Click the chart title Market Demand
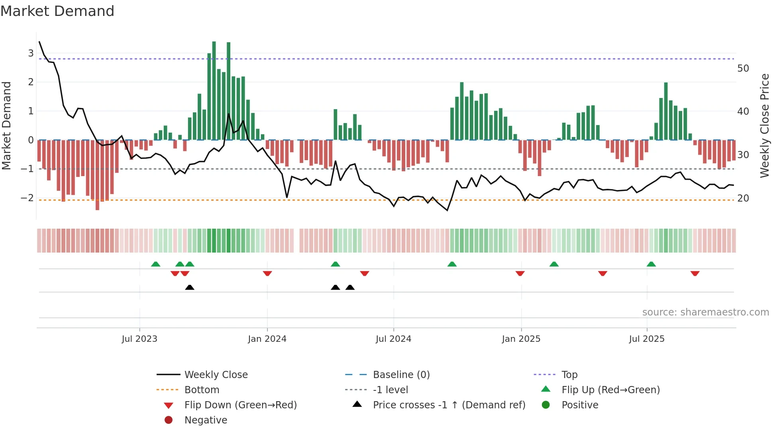pyautogui.click(x=57, y=11)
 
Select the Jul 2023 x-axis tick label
pyautogui.click(x=139, y=339)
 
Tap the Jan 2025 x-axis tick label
pyautogui.click(x=521, y=339)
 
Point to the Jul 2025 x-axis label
pyautogui.click(x=647, y=339)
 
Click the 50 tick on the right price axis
pyautogui.click(x=743, y=69)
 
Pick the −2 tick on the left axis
pyautogui.click(x=27, y=198)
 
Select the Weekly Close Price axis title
pyautogui.click(x=764, y=125)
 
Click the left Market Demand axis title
pyautogui.click(x=6, y=125)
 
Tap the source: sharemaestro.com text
pyautogui.click(x=705, y=312)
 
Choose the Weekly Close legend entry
pyautogui.click(x=216, y=375)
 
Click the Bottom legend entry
pyautogui.click(x=202, y=390)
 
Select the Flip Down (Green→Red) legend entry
pyautogui.click(x=240, y=405)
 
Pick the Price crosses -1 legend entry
pyautogui.click(x=449, y=405)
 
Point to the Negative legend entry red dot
pyautogui.click(x=169, y=420)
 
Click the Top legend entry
pyautogui.click(x=569, y=375)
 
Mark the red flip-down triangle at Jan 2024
pyautogui.click(x=267, y=273)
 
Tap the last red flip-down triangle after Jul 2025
pyautogui.click(x=695, y=273)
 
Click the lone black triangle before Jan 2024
pyautogui.click(x=190, y=287)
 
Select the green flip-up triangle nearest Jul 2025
pyautogui.click(x=651, y=264)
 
